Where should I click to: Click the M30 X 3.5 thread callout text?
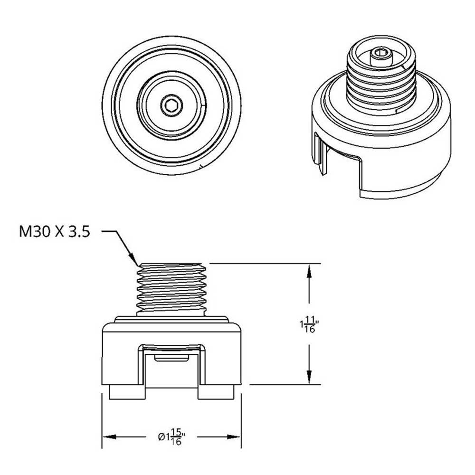point(53,232)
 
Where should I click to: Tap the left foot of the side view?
point(127,392)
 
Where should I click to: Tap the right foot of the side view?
point(217,392)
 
